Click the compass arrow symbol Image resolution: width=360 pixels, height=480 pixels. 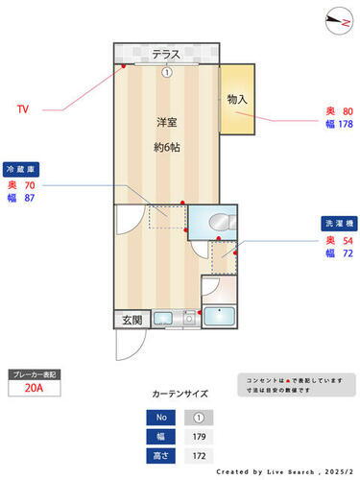[x=337, y=19]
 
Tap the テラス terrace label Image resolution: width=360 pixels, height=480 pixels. [x=167, y=54]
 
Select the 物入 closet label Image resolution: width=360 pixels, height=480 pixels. [x=237, y=99]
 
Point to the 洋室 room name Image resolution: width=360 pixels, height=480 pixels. [x=167, y=123]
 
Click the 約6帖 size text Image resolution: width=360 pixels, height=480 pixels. [x=167, y=147]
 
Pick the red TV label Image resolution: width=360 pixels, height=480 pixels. [x=23, y=109]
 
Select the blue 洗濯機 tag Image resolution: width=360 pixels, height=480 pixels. [x=336, y=223]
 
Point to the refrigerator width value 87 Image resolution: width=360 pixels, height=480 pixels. [x=30, y=198]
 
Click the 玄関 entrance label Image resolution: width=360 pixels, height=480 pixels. [x=131, y=320]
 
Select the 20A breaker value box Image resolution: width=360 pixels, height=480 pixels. [x=35, y=389]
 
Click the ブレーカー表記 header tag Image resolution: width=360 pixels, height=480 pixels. [x=35, y=374]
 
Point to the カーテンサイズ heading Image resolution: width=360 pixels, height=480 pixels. [x=180, y=395]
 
